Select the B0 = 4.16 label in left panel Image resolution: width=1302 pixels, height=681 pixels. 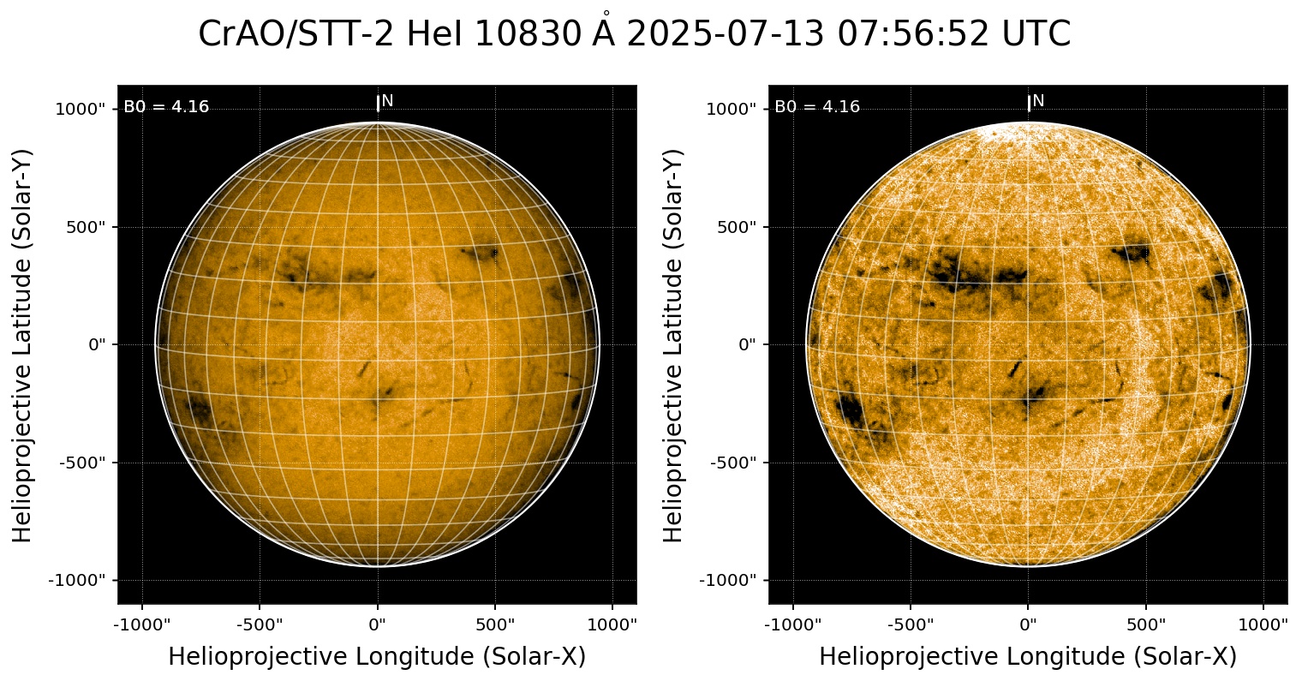(x=166, y=107)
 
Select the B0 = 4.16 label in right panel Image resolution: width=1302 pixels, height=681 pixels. (x=817, y=107)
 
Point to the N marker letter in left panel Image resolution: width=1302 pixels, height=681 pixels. (x=387, y=101)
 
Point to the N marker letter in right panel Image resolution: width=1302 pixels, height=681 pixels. (x=1038, y=101)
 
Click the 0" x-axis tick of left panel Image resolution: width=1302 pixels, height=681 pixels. (x=378, y=624)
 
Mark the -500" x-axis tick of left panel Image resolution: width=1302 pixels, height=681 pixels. (x=258, y=624)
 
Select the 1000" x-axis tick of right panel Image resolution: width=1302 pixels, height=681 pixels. (x=1263, y=624)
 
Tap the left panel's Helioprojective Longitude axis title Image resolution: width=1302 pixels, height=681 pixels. (x=377, y=657)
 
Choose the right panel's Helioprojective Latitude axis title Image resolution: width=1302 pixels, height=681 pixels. (x=674, y=345)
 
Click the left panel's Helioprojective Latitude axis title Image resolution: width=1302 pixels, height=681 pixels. (x=23, y=345)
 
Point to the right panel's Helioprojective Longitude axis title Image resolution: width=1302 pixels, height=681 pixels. (x=1028, y=657)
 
